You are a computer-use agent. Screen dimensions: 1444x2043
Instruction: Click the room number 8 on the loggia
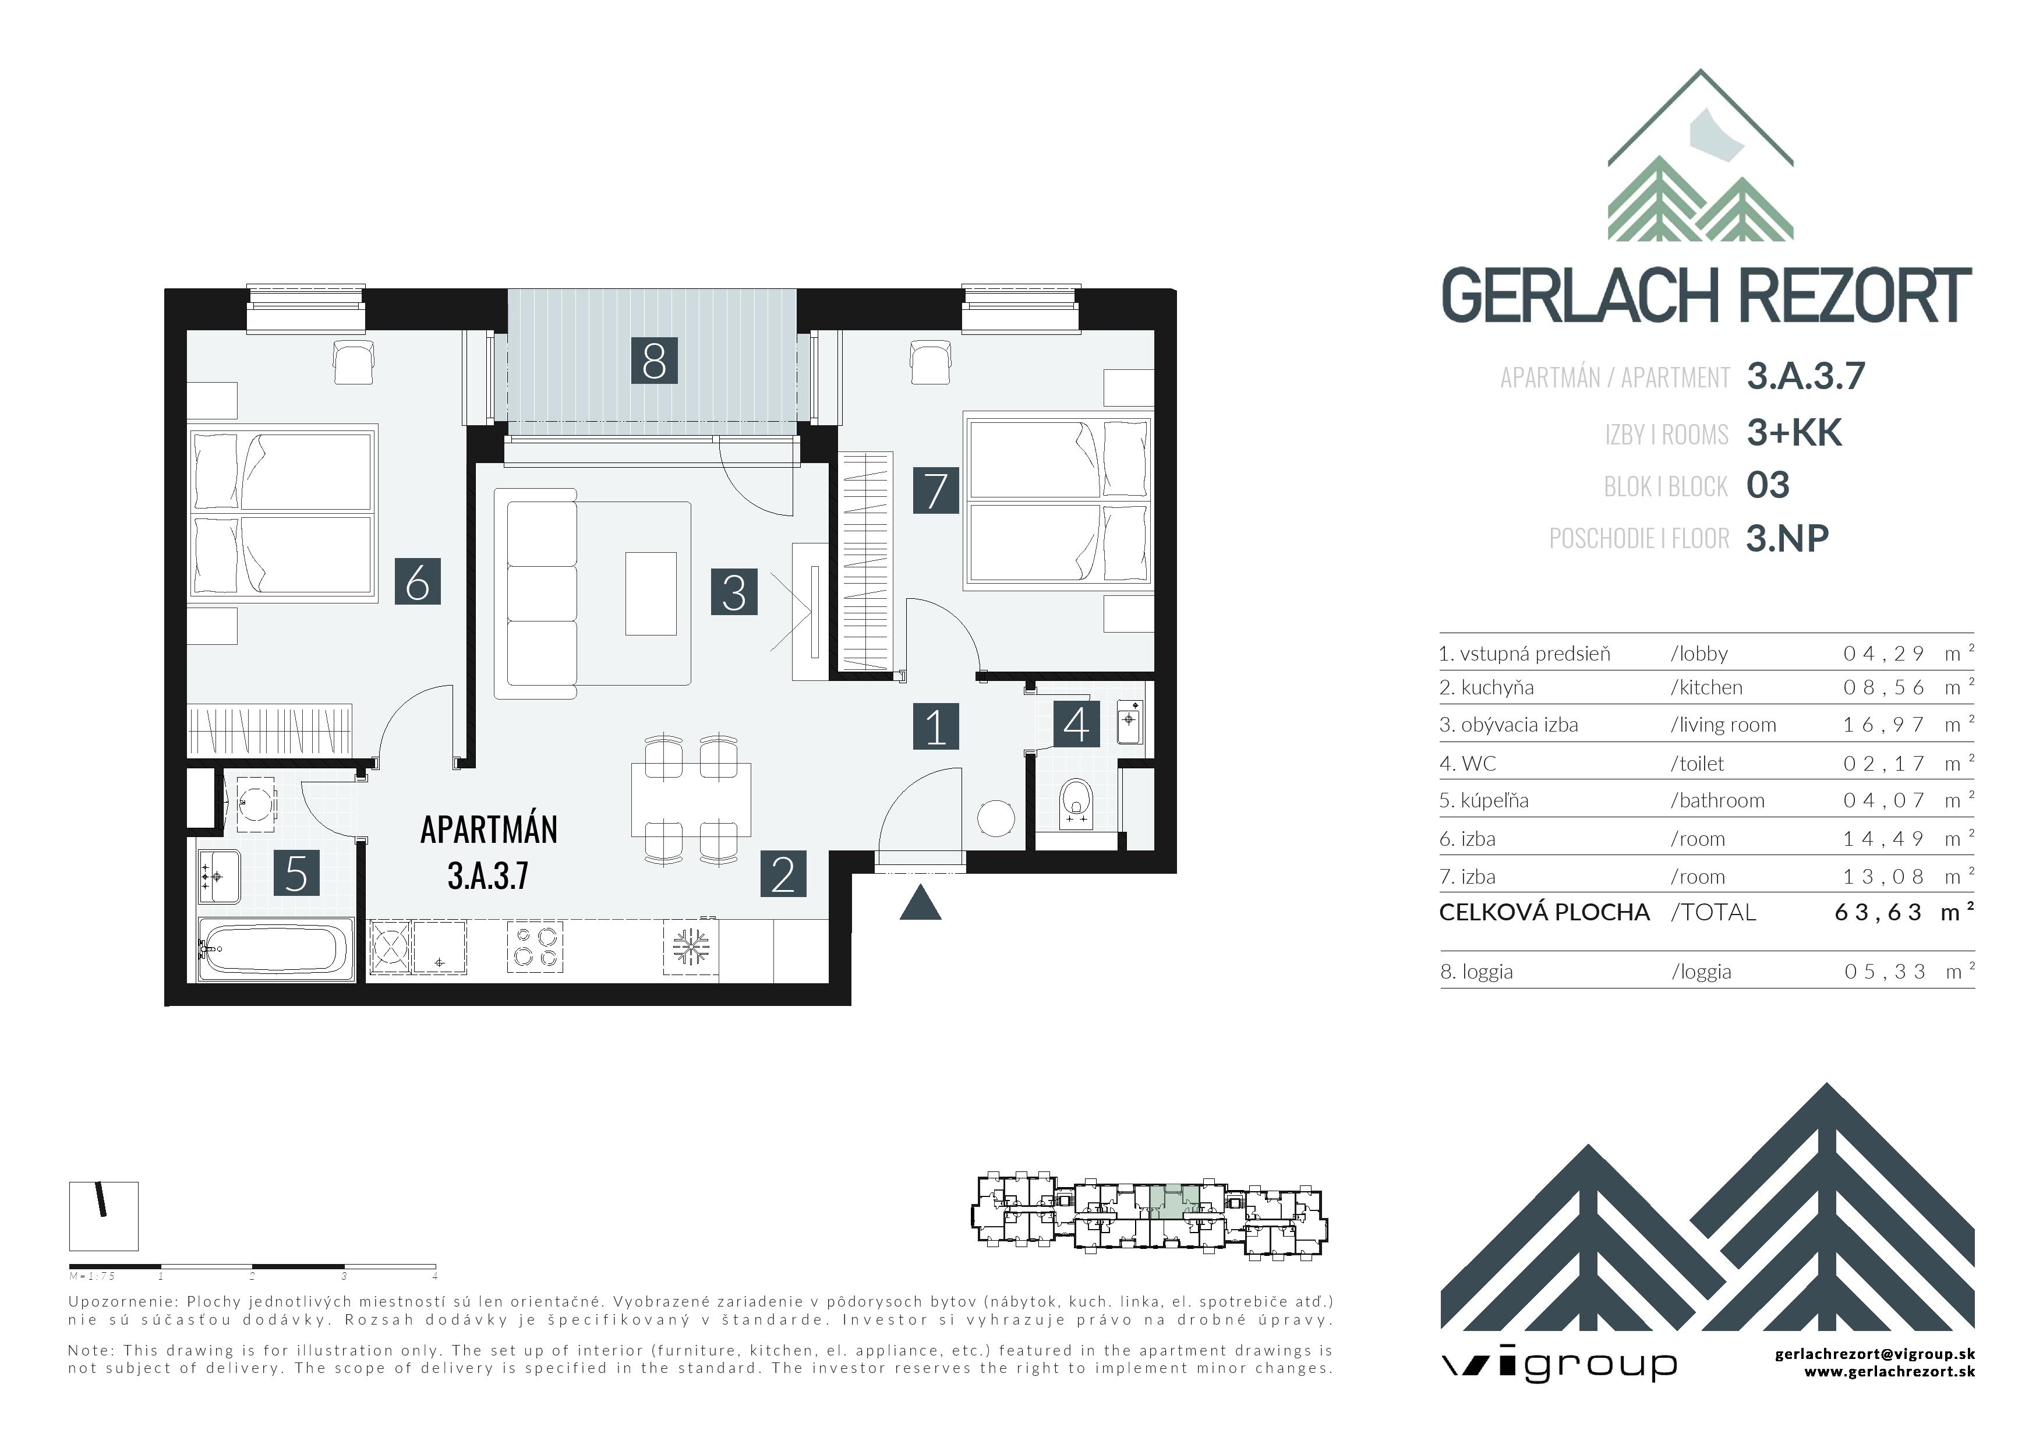click(654, 361)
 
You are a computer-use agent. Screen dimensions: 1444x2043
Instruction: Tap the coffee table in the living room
click(651, 594)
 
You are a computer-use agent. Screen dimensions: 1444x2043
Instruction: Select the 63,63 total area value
click(1878, 913)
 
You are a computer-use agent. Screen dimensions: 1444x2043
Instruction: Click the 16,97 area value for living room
click(1883, 725)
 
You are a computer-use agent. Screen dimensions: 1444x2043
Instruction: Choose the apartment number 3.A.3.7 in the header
click(1805, 376)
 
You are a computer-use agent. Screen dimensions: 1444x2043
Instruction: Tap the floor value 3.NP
click(1787, 538)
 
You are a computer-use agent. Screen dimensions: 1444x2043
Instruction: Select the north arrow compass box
click(104, 1215)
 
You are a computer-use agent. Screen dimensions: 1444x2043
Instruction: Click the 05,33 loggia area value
click(1885, 972)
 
